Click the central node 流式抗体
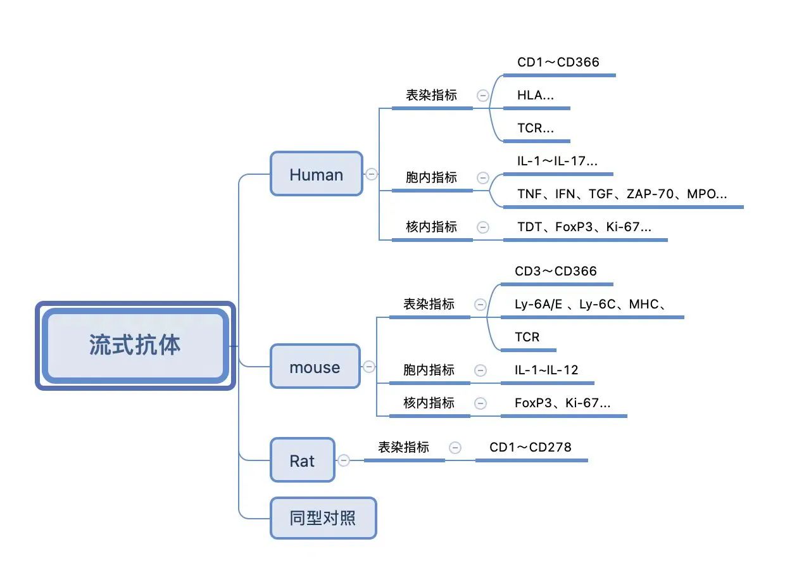tap(135, 346)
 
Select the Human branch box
tap(317, 174)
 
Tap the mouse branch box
tap(315, 366)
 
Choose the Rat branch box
tap(303, 460)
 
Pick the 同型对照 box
tap(323, 518)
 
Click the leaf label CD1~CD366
tap(558, 63)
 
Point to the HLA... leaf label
tap(536, 96)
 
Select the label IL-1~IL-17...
tap(557, 161)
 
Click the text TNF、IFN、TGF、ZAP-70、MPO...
tap(622, 194)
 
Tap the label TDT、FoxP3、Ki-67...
tap(584, 227)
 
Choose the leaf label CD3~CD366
tap(555, 271)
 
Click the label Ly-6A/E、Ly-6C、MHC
tap(590, 304)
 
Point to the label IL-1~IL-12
tap(546, 370)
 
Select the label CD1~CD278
tap(531, 447)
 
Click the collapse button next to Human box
tap(372, 174)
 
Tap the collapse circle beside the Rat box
tap(344, 460)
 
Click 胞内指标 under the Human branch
tap(431, 177)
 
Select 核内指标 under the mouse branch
tap(429, 403)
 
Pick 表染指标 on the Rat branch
tap(403, 447)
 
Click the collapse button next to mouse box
tap(368, 367)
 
